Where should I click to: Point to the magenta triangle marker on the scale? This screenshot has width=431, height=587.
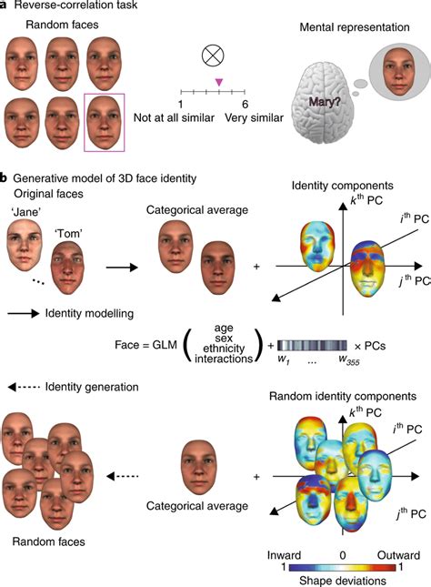(218, 83)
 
